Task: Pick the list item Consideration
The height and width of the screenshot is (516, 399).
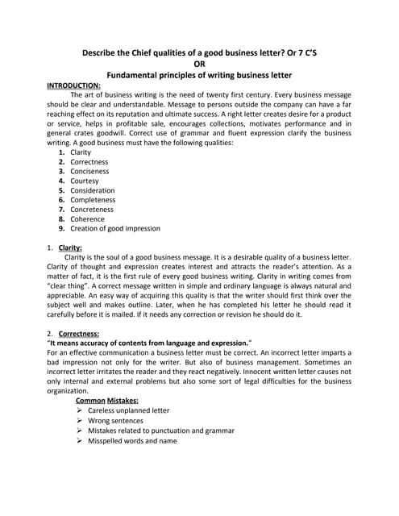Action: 93,190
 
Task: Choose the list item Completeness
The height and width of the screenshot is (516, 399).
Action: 93,200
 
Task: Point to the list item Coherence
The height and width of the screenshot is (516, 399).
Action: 87,219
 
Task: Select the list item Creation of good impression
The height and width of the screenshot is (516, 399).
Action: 115,229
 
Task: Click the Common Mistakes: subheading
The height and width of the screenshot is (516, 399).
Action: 106,400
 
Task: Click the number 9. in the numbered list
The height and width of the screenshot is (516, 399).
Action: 62,229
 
